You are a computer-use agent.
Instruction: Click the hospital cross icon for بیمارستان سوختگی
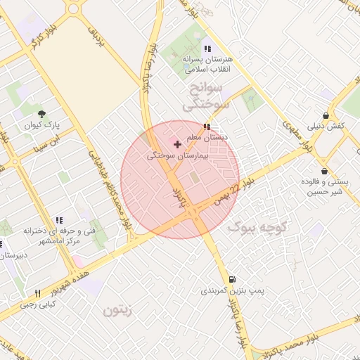[177, 144]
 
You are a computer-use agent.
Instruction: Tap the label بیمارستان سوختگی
[178, 156]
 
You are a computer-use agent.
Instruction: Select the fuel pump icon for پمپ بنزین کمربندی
[233, 279]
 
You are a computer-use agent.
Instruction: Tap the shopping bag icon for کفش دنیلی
[326, 115]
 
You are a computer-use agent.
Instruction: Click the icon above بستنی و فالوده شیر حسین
[323, 170]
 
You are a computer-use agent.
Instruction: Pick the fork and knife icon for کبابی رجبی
[38, 292]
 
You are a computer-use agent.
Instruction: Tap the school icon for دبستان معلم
[206, 127]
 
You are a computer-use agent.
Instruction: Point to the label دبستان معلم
[205, 137]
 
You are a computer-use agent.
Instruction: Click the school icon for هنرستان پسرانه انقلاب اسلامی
[207, 49]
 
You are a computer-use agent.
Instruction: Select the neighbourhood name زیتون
[117, 310]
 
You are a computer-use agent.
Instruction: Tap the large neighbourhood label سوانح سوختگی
[207, 97]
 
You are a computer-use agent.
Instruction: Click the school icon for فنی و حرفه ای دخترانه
[59, 220]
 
